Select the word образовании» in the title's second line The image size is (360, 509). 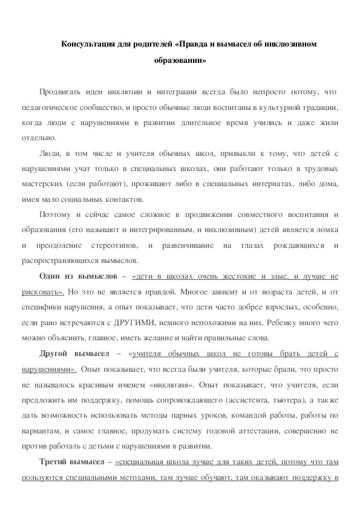[x=180, y=60]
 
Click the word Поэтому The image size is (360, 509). [x=55, y=215]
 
